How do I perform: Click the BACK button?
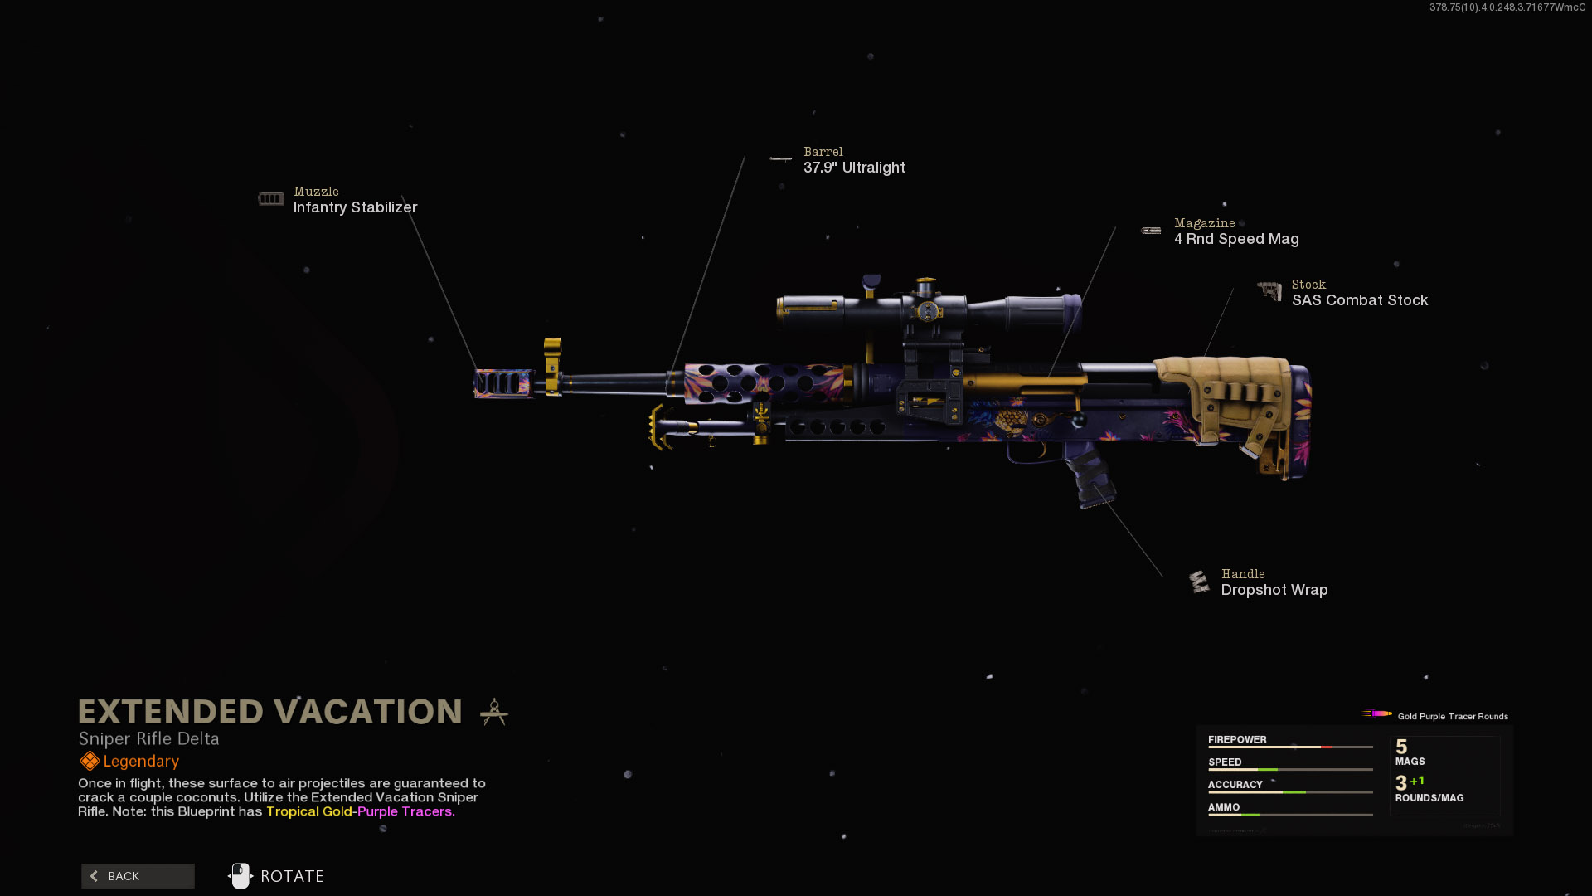point(138,876)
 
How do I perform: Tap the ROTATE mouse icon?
point(240,876)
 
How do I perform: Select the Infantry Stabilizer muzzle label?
point(355,207)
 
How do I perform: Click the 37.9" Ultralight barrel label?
point(854,168)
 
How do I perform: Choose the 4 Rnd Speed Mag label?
point(1236,239)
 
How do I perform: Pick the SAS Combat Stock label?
point(1360,300)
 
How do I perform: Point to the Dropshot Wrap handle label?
point(1274,590)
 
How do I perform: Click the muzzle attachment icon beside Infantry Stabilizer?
point(271,199)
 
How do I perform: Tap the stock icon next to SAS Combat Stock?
point(1269,290)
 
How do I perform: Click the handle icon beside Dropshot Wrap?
point(1199,582)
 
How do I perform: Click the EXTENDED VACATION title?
point(270,712)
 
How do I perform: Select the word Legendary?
point(141,762)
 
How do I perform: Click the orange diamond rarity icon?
point(90,761)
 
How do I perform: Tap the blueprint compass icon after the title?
point(494,712)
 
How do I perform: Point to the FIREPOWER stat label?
point(1237,739)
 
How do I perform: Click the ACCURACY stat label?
point(1235,784)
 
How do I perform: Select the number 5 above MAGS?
point(1401,747)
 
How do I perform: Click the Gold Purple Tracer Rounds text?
point(1453,716)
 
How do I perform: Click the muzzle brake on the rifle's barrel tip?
point(502,383)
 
